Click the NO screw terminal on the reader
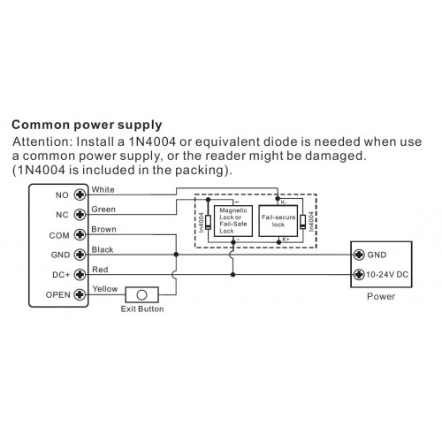(x=80, y=194)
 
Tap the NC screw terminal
(x=80, y=215)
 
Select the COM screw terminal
(x=80, y=235)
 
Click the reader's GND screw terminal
(x=80, y=255)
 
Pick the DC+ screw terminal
(x=80, y=275)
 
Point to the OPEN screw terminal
(x=80, y=294)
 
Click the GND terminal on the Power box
(x=359, y=255)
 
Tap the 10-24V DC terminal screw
(x=359, y=275)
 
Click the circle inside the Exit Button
(x=141, y=295)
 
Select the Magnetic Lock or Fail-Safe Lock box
(x=233, y=221)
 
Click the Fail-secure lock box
(x=278, y=221)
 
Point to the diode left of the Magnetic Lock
(x=209, y=222)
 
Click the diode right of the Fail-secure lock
(x=302, y=222)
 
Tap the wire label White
(x=103, y=189)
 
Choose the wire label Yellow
(x=105, y=289)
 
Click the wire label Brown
(x=103, y=229)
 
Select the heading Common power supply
(x=87, y=126)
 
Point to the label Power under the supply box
(x=381, y=296)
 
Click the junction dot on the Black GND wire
(x=176, y=255)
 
